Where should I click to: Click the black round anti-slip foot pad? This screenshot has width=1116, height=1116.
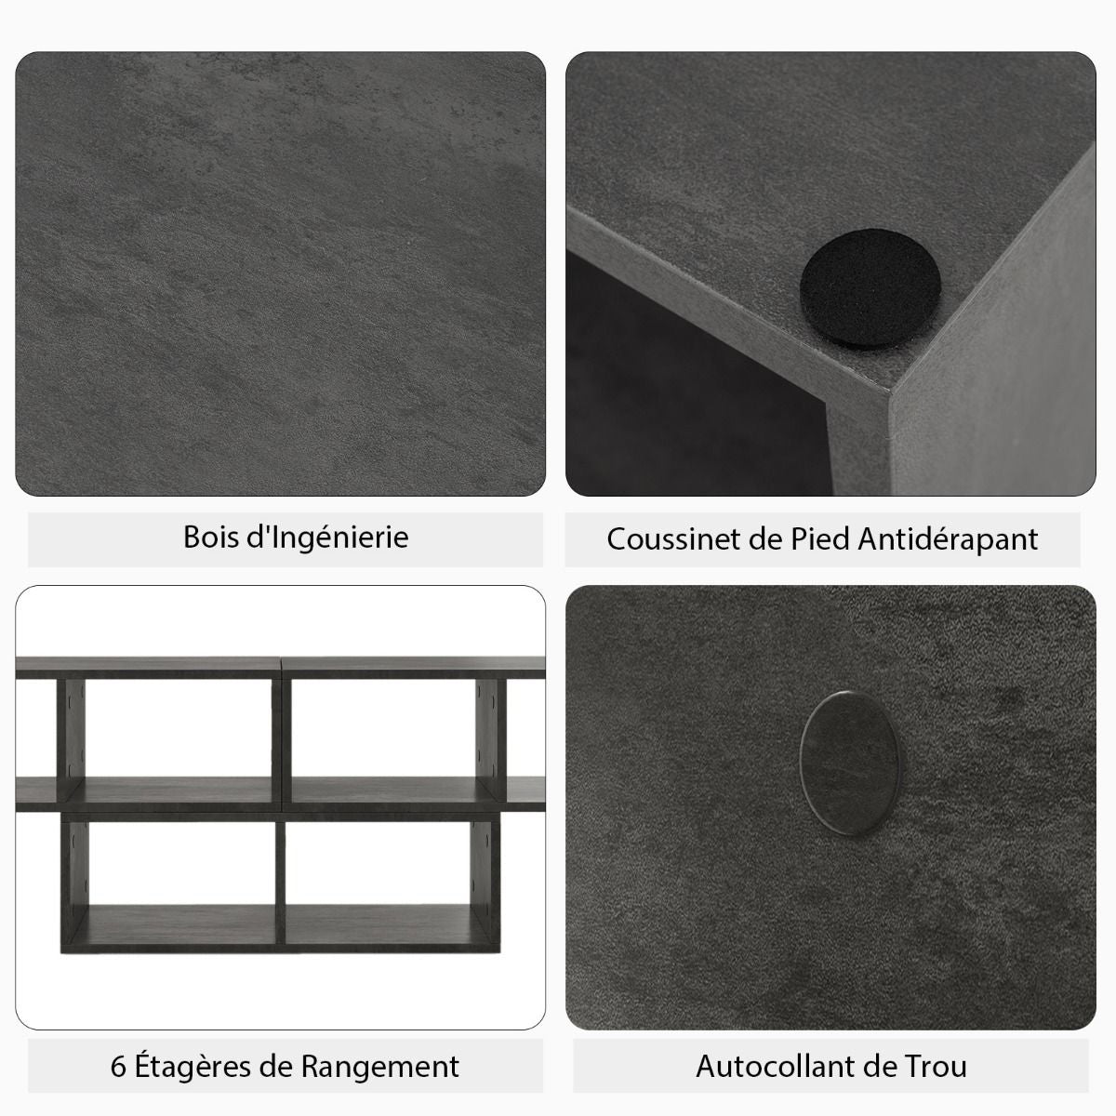pos(870,287)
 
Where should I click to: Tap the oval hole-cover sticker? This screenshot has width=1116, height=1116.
pos(849,763)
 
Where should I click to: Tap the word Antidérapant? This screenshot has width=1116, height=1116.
pos(948,540)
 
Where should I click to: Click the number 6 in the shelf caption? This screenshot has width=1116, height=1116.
pos(118,1066)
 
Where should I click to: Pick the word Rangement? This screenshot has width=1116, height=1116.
pos(380,1068)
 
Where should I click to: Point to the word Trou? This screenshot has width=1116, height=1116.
pos(937,1066)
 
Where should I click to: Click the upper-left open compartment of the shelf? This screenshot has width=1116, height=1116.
pos(179,727)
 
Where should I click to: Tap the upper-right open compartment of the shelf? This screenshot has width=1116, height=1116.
pos(383,727)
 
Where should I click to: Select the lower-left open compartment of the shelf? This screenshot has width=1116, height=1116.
pos(182,863)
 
